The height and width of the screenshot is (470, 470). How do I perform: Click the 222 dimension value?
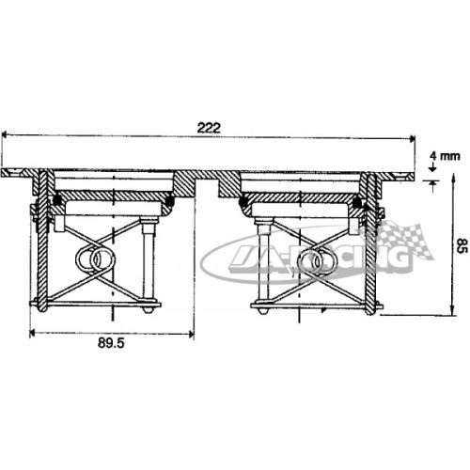tap(209, 128)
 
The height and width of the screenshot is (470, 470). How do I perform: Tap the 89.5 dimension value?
tap(111, 343)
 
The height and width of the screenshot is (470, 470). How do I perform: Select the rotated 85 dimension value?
tap(462, 245)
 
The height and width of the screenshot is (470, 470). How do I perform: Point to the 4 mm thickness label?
tap(445, 156)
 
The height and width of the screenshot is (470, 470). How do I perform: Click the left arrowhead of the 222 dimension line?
tap(5, 135)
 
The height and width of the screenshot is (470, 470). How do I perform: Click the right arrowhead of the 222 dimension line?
tap(412, 138)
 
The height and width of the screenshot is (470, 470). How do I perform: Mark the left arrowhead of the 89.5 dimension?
tap(33, 333)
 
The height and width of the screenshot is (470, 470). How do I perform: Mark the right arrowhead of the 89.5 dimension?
tap(191, 334)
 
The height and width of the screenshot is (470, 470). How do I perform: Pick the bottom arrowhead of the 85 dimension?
tap(452, 310)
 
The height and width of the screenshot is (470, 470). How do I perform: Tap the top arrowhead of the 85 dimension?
tap(453, 180)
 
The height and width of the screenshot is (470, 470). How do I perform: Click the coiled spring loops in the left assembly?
tap(95, 259)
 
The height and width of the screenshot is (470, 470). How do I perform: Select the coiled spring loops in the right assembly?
tap(317, 260)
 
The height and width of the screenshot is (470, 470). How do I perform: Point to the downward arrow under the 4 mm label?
tap(432, 167)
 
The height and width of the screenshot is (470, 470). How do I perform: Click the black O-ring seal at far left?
tap(57, 199)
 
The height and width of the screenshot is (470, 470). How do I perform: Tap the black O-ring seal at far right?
tap(356, 203)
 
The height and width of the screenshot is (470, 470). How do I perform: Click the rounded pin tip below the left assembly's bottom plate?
tap(148, 309)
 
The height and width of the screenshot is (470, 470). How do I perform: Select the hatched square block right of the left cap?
tap(184, 184)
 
